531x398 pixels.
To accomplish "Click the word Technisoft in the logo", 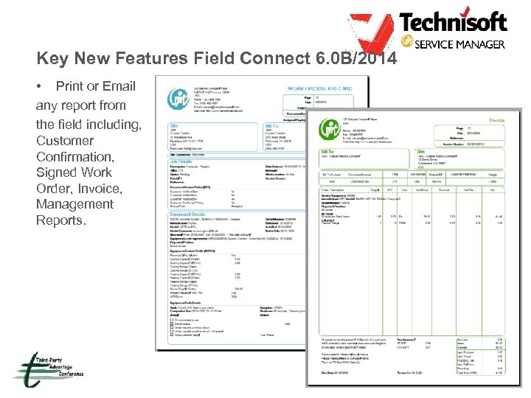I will [x=454, y=22].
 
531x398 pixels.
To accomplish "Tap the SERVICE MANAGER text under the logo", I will [x=459, y=44].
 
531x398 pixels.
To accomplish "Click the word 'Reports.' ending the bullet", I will [x=62, y=220].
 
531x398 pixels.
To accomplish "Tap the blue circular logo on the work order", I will [x=176, y=98].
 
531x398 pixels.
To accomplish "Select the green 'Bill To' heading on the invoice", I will [x=326, y=151].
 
